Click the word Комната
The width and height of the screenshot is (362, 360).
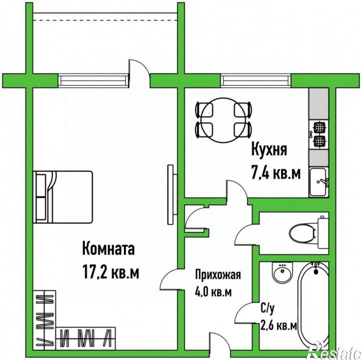tap(108, 249)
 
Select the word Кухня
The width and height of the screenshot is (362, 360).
tap(269, 150)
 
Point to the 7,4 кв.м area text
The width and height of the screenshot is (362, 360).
tap(276, 173)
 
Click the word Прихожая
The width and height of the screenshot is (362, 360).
tap(218, 275)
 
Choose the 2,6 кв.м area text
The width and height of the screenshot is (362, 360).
tap(279, 326)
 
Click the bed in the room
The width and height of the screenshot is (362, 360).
tap(63, 197)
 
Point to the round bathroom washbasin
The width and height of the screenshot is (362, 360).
tap(281, 274)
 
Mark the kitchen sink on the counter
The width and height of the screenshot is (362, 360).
tap(318, 182)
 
